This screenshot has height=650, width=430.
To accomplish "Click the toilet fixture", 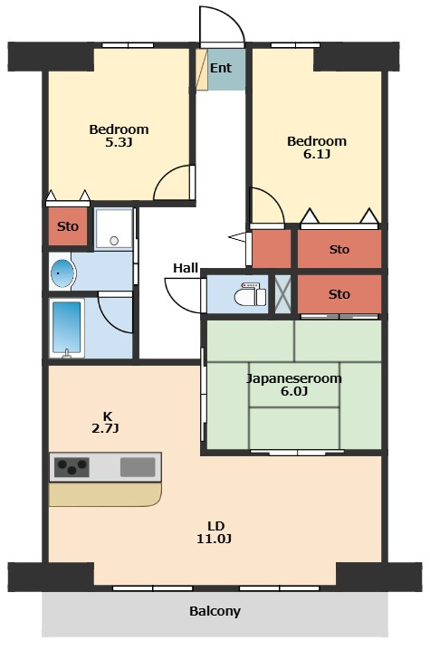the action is click(x=250, y=294).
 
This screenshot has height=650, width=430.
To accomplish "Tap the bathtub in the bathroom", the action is click(x=67, y=328).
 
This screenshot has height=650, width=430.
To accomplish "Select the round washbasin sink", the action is click(x=63, y=273).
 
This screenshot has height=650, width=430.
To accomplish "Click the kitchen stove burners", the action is click(x=72, y=467).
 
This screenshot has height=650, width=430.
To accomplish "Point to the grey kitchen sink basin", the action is click(x=138, y=467).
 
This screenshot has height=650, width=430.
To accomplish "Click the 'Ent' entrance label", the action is click(x=221, y=68).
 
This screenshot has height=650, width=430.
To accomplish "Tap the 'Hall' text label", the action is click(x=186, y=268).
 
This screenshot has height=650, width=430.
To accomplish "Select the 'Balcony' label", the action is click(x=215, y=611).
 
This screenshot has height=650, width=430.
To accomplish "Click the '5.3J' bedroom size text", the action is click(x=119, y=143).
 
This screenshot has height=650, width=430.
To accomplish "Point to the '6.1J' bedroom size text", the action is click(x=317, y=154).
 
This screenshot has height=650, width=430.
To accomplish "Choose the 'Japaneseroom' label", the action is click(x=294, y=378).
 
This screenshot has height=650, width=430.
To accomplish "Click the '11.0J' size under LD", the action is click(x=214, y=539).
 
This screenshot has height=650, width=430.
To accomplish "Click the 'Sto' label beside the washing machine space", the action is click(x=68, y=226).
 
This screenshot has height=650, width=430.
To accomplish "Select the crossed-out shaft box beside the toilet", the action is click(x=283, y=294).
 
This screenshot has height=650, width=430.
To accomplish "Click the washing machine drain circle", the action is click(x=114, y=241).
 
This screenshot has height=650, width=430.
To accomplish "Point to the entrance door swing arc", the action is click(x=234, y=15).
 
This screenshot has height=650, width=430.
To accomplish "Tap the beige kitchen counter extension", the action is click(x=105, y=494).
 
